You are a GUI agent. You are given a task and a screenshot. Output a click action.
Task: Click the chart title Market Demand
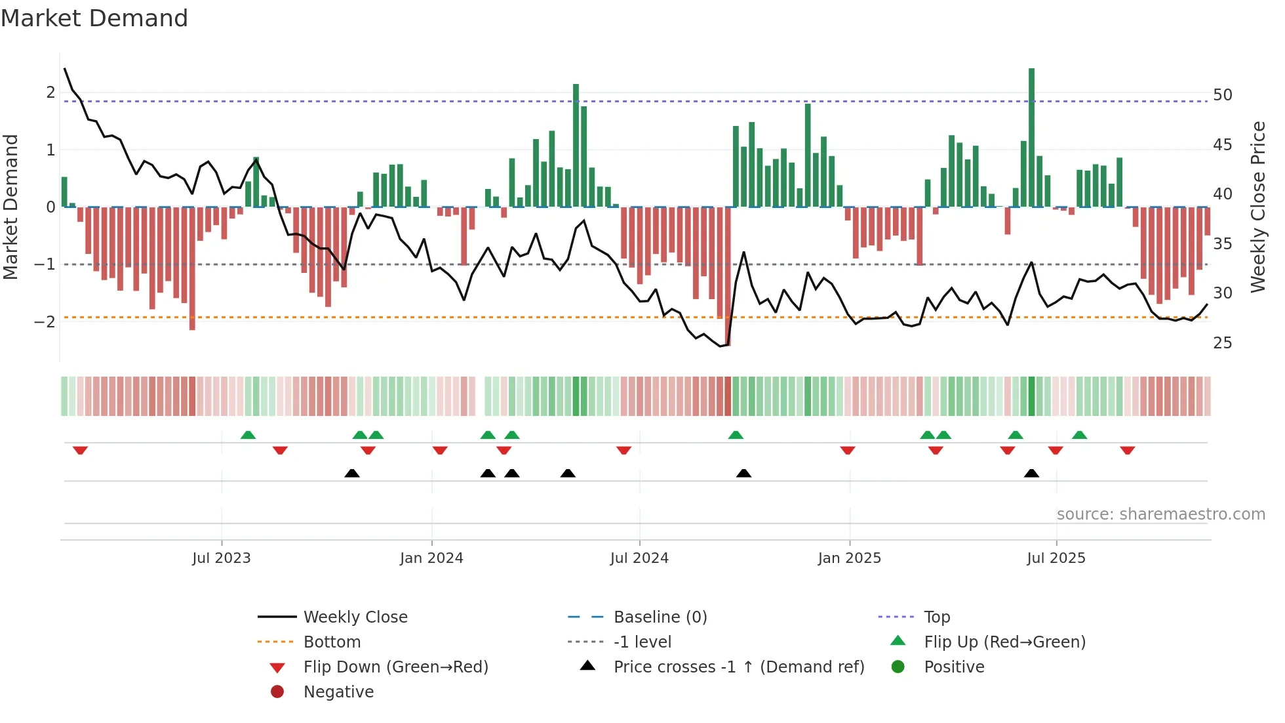tap(94, 18)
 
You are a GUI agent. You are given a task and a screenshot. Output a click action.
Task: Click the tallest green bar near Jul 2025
tap(1031, 138)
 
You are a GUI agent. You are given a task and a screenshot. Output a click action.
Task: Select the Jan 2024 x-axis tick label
tap(431, 558)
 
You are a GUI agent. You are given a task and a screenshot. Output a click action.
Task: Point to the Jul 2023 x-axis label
tap(222, 558)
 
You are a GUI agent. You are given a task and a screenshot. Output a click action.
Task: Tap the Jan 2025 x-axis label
tap(850, 558)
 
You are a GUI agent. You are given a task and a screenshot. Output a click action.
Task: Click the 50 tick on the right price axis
tap(1222, 95)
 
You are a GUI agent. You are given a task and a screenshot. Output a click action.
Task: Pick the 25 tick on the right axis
tap(1222, 343)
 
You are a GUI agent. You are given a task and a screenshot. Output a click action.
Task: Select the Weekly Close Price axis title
tap(1257, 207)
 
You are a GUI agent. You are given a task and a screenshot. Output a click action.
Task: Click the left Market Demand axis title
tap(11, 207)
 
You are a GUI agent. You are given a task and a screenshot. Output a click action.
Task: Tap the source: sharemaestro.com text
tap(1160, 514)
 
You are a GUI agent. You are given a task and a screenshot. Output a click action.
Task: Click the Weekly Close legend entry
tap(355, 617)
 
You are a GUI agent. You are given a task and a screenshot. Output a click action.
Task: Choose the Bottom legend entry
tap(332, 642)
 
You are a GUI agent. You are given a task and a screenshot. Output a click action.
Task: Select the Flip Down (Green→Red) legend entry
tap(395, 667)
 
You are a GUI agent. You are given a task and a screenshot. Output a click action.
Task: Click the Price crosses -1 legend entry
tap(738, 667)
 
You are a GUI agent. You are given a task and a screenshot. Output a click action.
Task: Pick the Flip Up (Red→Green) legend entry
tap(1004, 642)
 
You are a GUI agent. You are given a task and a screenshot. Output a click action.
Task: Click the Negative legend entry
tap(338, 692)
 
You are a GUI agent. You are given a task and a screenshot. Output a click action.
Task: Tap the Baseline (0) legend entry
tap(660, 617)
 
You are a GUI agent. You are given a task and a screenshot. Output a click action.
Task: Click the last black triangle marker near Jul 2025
tap(1031, 474)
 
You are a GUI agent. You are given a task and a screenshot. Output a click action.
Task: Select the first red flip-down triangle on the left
tap(80, 450)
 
